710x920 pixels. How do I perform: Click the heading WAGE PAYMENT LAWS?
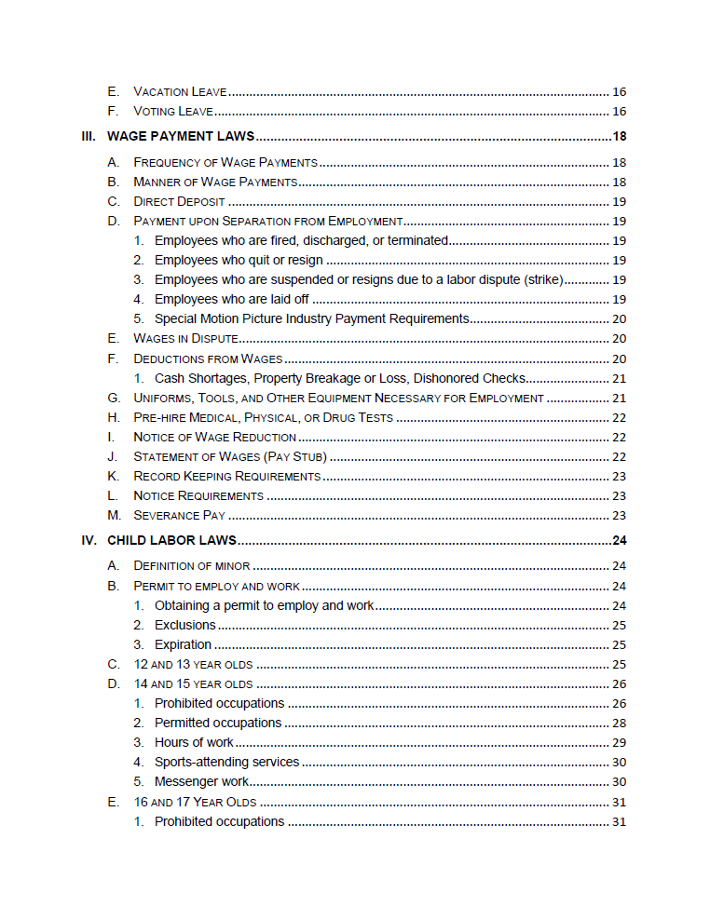tap(181, 137)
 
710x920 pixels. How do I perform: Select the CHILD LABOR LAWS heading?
tap(171, 540)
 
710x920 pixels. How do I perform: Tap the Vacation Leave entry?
tap(181, 92)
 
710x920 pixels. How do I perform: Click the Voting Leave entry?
tap(173, 112)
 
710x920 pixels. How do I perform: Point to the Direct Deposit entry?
tap(179, 201)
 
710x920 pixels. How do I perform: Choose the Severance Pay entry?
tap(179, 515)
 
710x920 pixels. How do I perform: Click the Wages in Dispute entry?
tap(185, 338)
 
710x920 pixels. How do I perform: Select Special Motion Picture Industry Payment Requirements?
tap(311, 318)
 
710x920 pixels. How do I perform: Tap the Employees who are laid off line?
tap(232, 299)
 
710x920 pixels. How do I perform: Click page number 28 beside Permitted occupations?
tap(619, 723)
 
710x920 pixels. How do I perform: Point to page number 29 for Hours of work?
tap(619, 742)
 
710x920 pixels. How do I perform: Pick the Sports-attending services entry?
tap(226, 762)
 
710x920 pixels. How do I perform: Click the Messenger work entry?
tap(201, 781)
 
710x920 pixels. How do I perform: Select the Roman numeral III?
tap(89, 137)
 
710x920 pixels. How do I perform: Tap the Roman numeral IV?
tap(89, 540)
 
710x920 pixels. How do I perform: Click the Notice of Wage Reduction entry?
tap(214, 437)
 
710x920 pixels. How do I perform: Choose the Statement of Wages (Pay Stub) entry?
tap(229, 456)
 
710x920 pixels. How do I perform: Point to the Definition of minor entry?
tap(191, 565)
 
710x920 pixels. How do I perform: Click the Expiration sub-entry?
tap(183, 644)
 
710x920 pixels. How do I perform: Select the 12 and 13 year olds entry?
tap(193, 664)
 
